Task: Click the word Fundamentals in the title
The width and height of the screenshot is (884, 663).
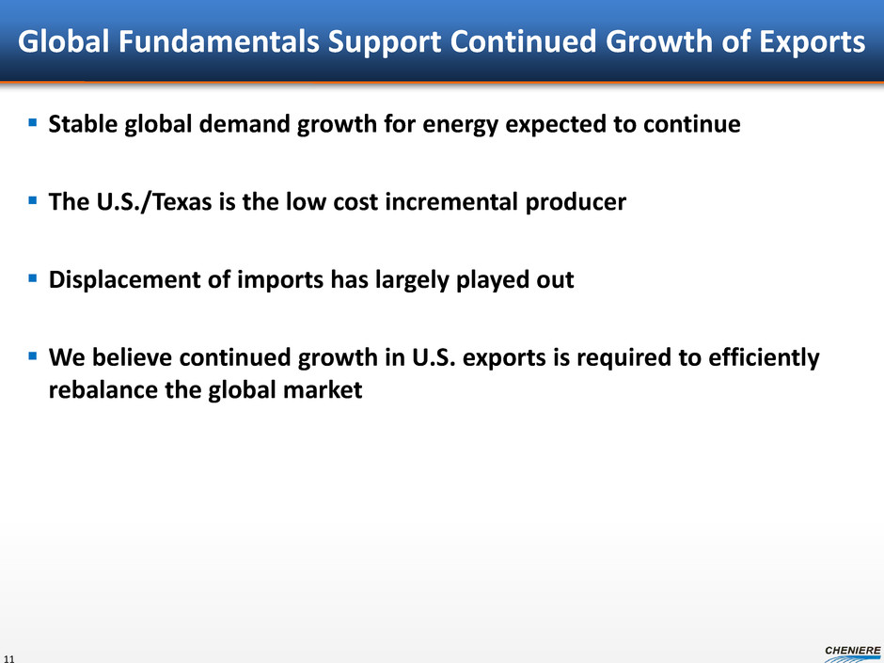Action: [x=219, y=41]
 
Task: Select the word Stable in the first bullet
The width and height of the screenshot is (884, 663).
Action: [x=83, y=123]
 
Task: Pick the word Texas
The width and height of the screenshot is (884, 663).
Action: [x=182, y=201]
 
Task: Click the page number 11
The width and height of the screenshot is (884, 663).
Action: [x=8, y=658]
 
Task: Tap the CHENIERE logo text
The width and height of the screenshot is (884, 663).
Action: [x=852, y=651]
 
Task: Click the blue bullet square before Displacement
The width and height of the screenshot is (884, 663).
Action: [x=33, y=278]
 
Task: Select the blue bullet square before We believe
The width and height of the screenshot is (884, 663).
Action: [x=33, y=355]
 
